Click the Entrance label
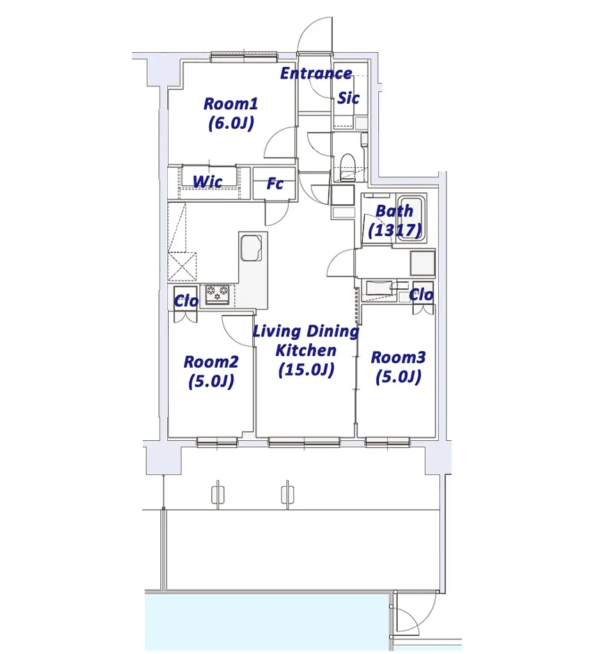click(316, 73)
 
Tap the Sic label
click(348, 98)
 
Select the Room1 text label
click(231, 104)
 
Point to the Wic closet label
click(208, 182)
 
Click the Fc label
click(275, 183)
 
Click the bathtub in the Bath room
click(410, 218)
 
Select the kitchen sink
click(251, 247)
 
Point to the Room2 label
click(211, 361)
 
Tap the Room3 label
click(398, 357)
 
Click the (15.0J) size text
click(306, 370)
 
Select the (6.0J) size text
click(231, 123)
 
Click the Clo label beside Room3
click(421, 295)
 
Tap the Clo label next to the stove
click(186, 301)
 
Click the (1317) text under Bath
click(395, 231)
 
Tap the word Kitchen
click(306, 350)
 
